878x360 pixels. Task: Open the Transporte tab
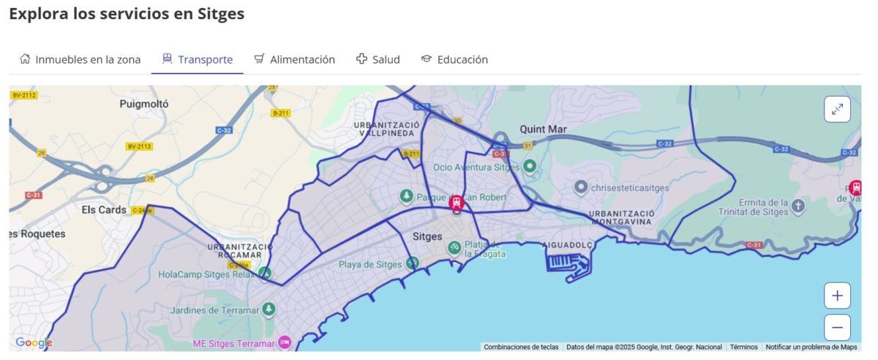click(x=198, y=60)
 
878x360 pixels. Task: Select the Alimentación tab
click(x=294, y=60)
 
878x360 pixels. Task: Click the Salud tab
click(x=378, y=60)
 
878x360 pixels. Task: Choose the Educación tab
click(x=454, y=60)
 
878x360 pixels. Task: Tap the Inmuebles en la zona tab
click(x=80, y=60)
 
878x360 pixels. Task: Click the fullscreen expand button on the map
click(x=837, y=110)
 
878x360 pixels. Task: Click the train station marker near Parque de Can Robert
click(x=457, y=202)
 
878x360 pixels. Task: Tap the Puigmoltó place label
click(x=144, y=104)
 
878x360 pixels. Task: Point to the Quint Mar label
click(x=543, y=130)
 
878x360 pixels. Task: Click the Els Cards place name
click(x=104, y=209)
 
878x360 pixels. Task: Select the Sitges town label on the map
click(x=427, y=236)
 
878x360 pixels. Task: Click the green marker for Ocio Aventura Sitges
click(x=530, y=167)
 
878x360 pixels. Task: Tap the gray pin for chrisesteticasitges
click(x=581, y=187)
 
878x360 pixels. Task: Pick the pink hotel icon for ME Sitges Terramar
click(x=285, y=342)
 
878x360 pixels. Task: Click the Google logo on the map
click(x=34, y=342)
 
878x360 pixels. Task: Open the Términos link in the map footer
click(x=743, y=347)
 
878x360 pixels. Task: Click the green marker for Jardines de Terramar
click(x=269, y=310)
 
